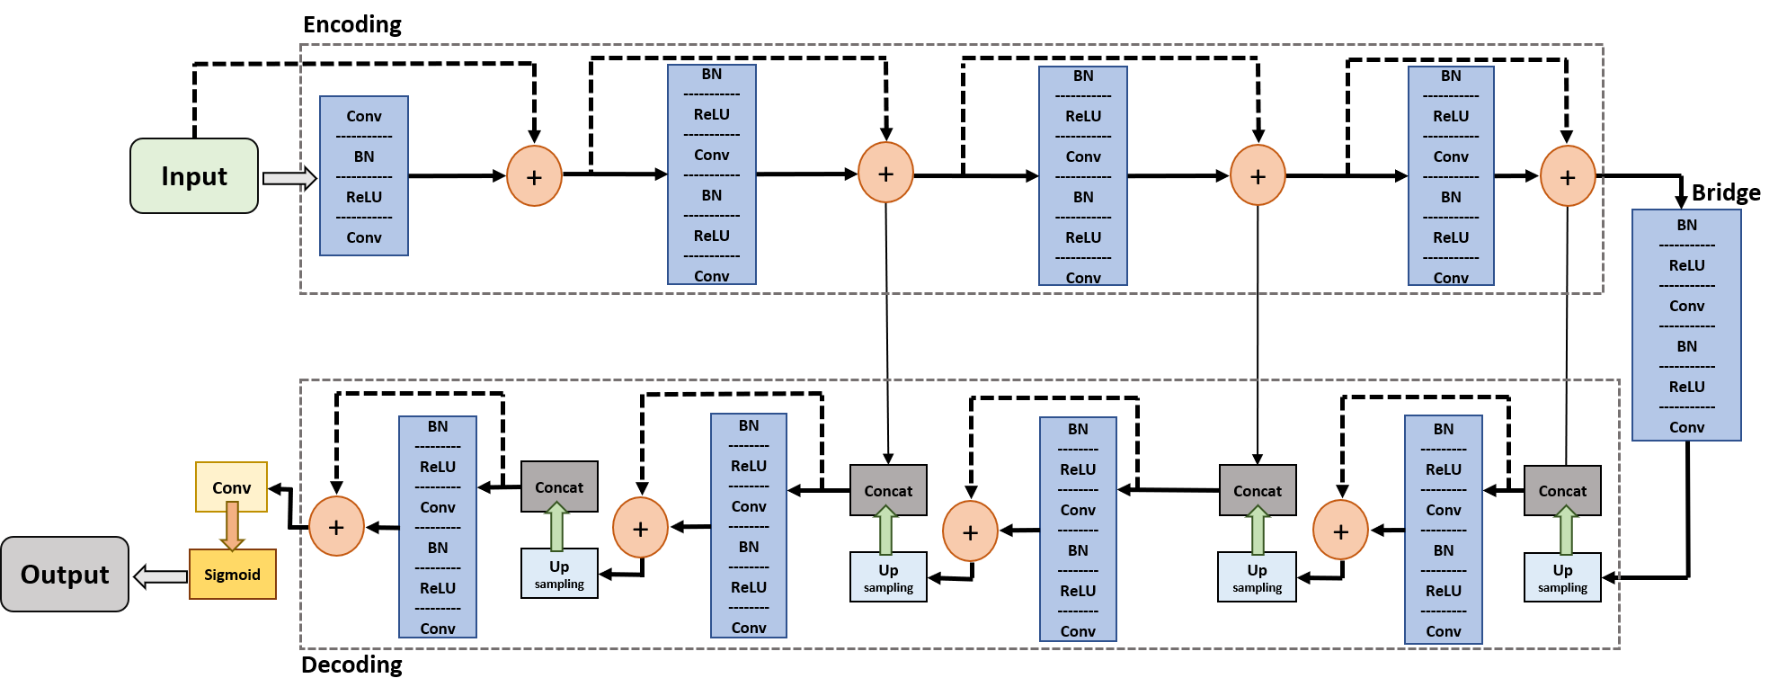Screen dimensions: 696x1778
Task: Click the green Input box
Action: click(x=194, y=176)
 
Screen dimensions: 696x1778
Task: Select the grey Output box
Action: click(x=65, y=575)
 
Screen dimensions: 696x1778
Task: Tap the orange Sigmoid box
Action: click(x=232, y=575)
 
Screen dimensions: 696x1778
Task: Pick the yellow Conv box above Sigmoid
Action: click(x=231, y=487)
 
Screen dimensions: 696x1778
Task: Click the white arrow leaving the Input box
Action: click(x=289, y=178)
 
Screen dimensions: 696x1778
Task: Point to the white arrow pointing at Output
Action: click(x=161, y=576)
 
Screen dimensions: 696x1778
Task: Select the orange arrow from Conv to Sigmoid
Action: click(x=232, y=526)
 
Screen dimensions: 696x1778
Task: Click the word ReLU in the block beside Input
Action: click(x=364, y=197)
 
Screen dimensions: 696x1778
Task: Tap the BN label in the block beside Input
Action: click(x=364, y=156)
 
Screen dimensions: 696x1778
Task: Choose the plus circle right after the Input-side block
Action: click(x=534, y=177)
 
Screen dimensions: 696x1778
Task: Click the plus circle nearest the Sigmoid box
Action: click(x=336, y=527)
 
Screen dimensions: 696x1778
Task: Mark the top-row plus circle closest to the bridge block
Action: click(x=1568, y=177)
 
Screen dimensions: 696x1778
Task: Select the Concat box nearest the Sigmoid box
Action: click(x=559, y=487)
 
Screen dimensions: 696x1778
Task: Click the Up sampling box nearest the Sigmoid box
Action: click(x=559, y=574)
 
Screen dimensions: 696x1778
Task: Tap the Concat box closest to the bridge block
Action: click(x=1562, y=491)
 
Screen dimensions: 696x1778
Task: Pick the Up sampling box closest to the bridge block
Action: click(x=1562, y=577)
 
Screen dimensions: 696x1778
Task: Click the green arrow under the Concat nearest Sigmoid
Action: click(x=557, y=527)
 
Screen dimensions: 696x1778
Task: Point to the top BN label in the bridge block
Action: click(x=1686, y=225)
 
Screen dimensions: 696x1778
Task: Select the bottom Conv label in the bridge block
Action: click(x=1686, y=427)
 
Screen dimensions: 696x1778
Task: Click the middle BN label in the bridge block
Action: click(x=1686, y=346)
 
